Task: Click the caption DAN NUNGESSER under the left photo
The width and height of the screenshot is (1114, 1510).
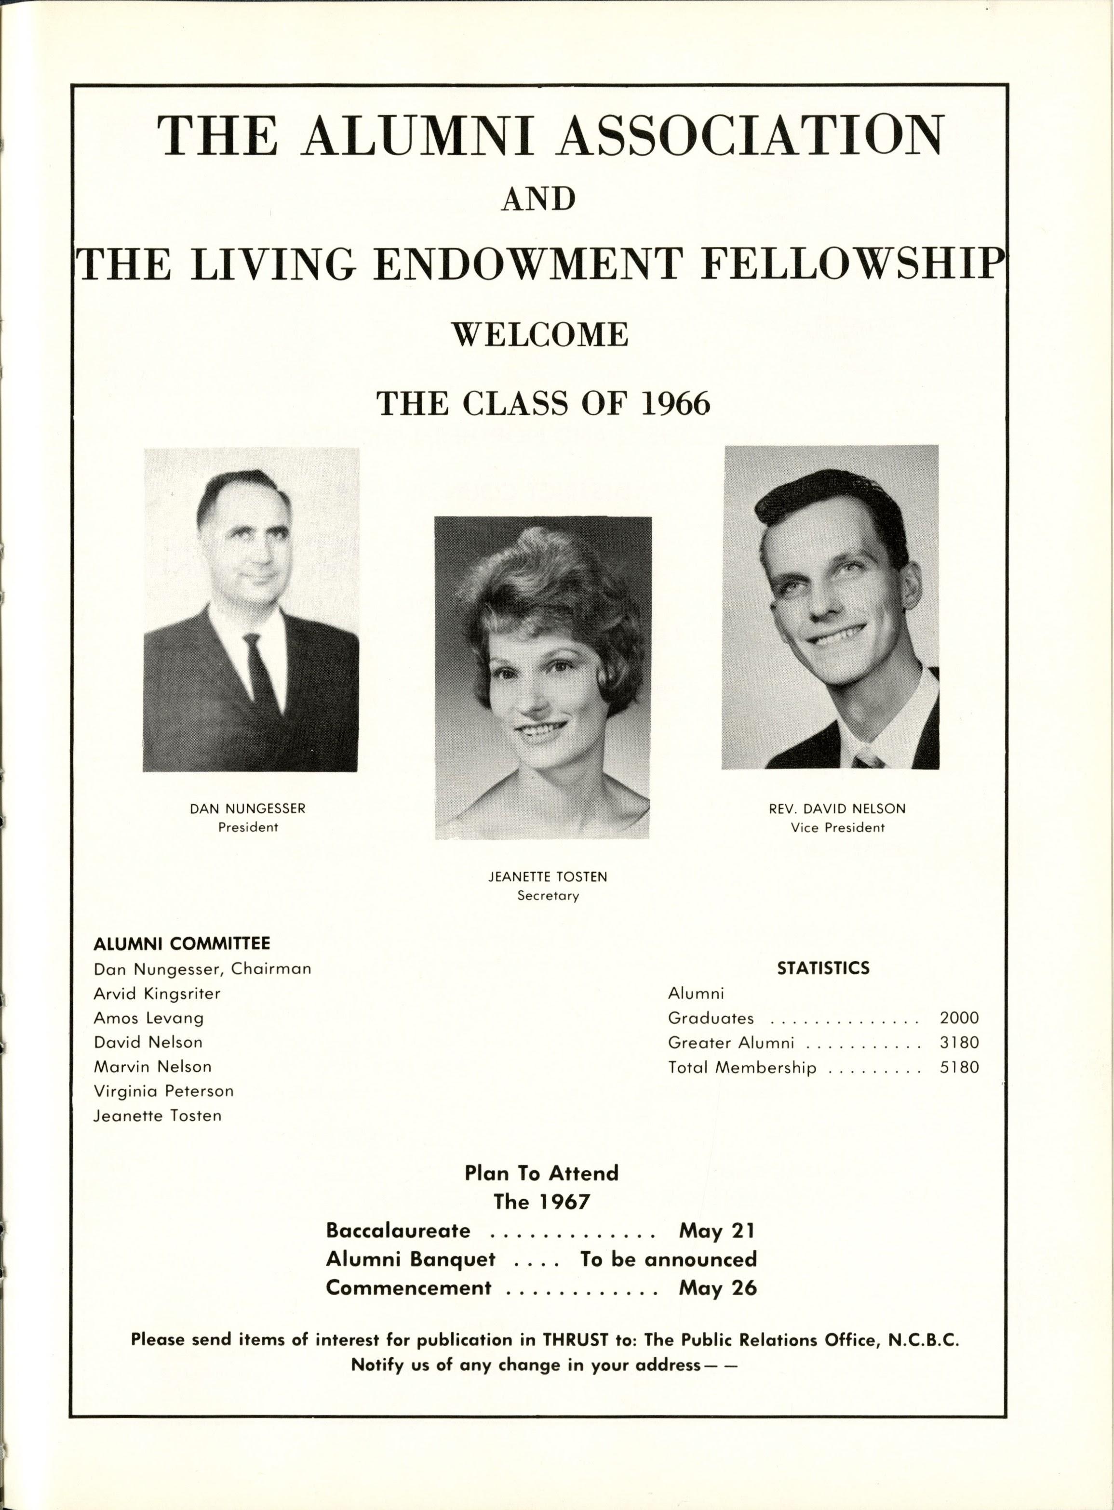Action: (248, 808)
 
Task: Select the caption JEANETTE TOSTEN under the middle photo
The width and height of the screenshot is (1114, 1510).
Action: (548, 877)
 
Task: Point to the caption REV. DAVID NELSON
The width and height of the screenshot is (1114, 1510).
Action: (837, 809)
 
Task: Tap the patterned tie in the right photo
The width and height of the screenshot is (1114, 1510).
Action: (867, 760)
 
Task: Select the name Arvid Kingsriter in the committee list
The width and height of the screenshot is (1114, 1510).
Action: (157, 993)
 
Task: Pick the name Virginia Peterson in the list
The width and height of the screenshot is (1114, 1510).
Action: (163, 1091)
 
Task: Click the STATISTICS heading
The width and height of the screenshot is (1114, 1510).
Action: (823, 968)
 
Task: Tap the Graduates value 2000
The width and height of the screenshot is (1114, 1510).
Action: (959, 1018)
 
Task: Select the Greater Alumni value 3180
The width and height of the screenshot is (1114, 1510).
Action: (959, 1043)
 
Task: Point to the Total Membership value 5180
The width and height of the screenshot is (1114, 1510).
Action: (959, 1068)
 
